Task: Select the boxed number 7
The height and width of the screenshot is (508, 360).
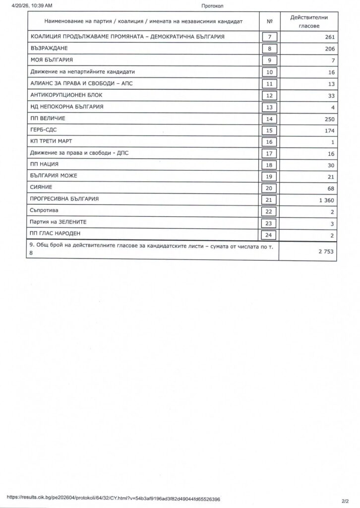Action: [x=269, y=37]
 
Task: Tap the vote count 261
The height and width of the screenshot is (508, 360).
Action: [x=329, y=37]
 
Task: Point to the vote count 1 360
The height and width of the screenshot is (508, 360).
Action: [x=326, y=199]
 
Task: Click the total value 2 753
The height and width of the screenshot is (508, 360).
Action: [x=326, y=252]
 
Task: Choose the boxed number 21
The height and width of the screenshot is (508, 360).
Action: [x=269, y=199]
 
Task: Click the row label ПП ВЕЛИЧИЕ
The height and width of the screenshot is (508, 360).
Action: [x=48, y=119]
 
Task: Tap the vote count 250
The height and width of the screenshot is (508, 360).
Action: [x=329, y=119]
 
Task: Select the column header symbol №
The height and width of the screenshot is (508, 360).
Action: [x=270, y=22]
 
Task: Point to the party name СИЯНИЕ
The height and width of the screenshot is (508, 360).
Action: [x=41, y=188]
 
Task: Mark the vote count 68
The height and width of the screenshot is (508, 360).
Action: [x=331, y=188]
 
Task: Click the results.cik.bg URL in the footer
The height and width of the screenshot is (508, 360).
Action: [x=113, y=499]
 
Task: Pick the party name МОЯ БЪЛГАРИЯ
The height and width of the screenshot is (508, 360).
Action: [x=52, y=60]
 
